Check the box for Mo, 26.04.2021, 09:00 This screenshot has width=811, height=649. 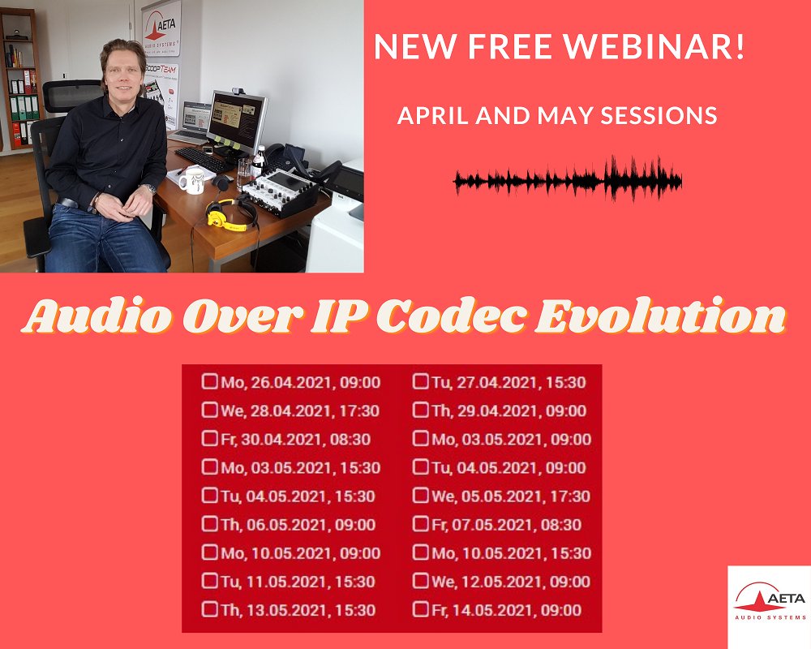click(209, 381)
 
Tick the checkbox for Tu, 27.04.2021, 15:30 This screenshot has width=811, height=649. click(421, 381)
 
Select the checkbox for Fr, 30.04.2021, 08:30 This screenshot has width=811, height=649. click(209, 439)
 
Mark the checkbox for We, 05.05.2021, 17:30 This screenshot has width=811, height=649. click(421, 496)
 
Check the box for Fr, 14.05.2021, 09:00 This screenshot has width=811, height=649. click(421, 609)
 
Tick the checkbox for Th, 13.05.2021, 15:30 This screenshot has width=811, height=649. click(209, 609)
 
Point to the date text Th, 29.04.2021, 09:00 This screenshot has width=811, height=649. click(509, 410)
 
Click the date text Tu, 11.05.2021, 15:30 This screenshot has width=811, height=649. click(298, 582)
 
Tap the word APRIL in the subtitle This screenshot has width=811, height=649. click(427, 116)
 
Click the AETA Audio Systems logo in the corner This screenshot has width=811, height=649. click(769, 604)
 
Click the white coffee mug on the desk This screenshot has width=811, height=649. click(190, 181)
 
